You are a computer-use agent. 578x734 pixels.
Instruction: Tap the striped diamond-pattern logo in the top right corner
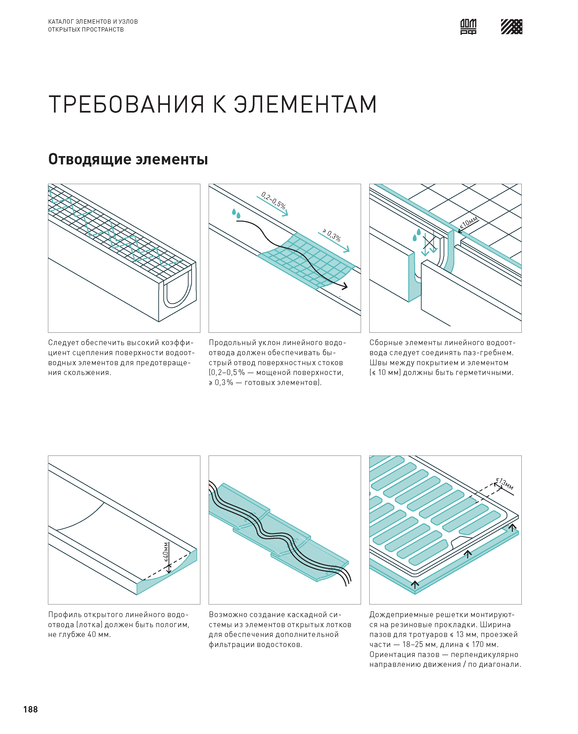tap(511, 27)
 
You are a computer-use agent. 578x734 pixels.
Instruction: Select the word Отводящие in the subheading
tap(89, 159)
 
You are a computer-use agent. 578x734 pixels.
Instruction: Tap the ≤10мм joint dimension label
tap(469, 222)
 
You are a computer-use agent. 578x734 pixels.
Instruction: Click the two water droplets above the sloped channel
tap(236, 213)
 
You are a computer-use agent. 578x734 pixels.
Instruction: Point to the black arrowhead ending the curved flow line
tap(345, 287)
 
